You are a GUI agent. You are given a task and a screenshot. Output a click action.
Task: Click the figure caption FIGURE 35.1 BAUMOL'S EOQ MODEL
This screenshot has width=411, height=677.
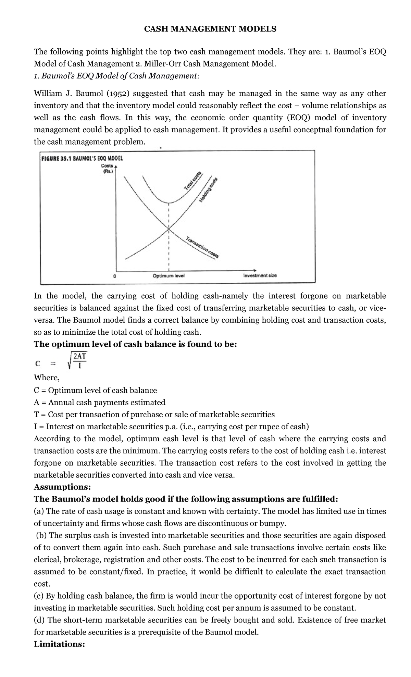[x=82, y=159]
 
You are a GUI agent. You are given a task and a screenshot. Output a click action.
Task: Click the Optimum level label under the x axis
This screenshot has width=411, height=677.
[x=169, y=275]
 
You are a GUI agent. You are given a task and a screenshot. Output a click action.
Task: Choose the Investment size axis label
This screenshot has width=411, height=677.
[x=260, y=275]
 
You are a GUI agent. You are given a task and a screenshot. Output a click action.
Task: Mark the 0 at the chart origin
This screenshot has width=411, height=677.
[x=115, y=275]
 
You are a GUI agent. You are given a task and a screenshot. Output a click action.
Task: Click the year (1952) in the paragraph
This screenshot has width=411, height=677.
[x=117, y=94]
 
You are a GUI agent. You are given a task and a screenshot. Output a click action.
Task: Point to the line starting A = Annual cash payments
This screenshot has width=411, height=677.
[x=99, y=402]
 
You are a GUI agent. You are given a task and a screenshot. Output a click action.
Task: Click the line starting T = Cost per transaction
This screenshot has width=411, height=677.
[x=154, y=415]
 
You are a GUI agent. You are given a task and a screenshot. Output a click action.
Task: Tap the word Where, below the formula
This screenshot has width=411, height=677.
[x=47, y=378]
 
